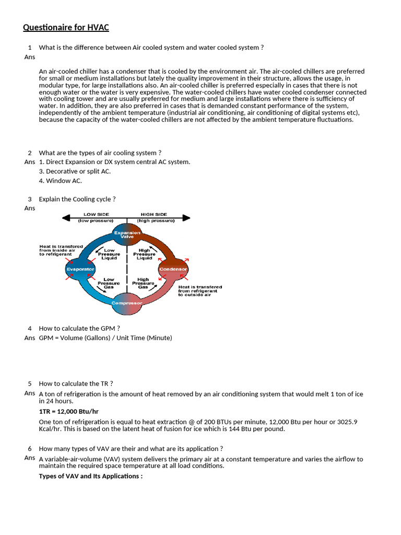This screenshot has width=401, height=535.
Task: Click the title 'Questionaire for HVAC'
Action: [66, 28]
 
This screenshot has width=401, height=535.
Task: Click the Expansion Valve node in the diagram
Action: [127, 235]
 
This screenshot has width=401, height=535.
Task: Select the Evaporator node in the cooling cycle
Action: [80, 269]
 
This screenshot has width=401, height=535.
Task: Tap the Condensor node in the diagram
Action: [173, 269]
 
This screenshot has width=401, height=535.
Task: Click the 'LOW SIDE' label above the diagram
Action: [97, 215]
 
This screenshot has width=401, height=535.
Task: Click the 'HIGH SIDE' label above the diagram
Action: [153, 215]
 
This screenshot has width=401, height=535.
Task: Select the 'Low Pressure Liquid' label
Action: [109, 254]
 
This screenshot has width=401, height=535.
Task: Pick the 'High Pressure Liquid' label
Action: [144, 254]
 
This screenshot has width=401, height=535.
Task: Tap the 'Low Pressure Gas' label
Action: [109, 283]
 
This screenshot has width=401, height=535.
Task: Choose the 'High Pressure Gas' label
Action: [143, 283]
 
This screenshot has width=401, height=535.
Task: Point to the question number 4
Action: [30, 328]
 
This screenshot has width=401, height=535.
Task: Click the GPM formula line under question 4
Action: [105, 338]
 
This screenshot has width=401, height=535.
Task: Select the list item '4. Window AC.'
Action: [61, 181]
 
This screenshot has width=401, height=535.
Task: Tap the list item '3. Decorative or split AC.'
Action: [75, 171]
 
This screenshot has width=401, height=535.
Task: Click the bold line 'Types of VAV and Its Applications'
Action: [91, 476]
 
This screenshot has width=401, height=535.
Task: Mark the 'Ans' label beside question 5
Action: [30, 393]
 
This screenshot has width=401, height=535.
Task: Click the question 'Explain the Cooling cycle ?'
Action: [77, 199]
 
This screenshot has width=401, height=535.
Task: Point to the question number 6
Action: [30, 448]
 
